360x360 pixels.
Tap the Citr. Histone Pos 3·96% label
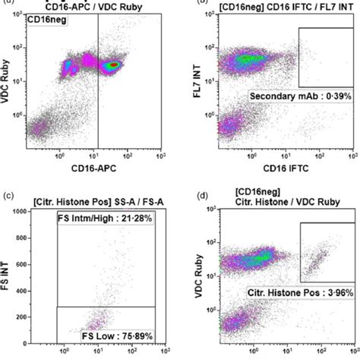coord(291,291)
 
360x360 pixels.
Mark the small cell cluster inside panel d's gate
coord(316,263)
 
